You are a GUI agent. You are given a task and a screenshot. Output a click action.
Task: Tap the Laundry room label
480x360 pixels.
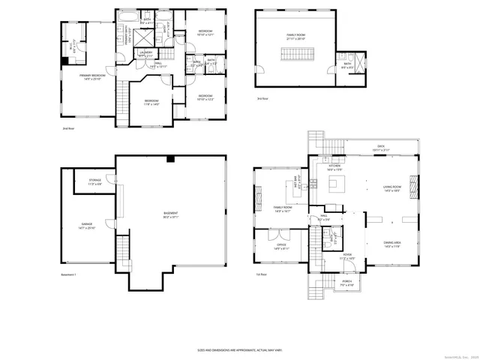145,53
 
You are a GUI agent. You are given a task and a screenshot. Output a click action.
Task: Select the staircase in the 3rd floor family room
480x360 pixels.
294,55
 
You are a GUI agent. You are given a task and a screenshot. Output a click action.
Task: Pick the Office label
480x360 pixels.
281,245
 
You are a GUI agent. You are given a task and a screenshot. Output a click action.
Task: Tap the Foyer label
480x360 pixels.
347,256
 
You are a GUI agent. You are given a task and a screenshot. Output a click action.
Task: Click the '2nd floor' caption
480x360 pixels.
70,128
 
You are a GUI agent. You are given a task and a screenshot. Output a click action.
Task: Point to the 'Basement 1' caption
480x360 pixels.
70,274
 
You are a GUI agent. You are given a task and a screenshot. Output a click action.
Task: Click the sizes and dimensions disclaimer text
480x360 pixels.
239,349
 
